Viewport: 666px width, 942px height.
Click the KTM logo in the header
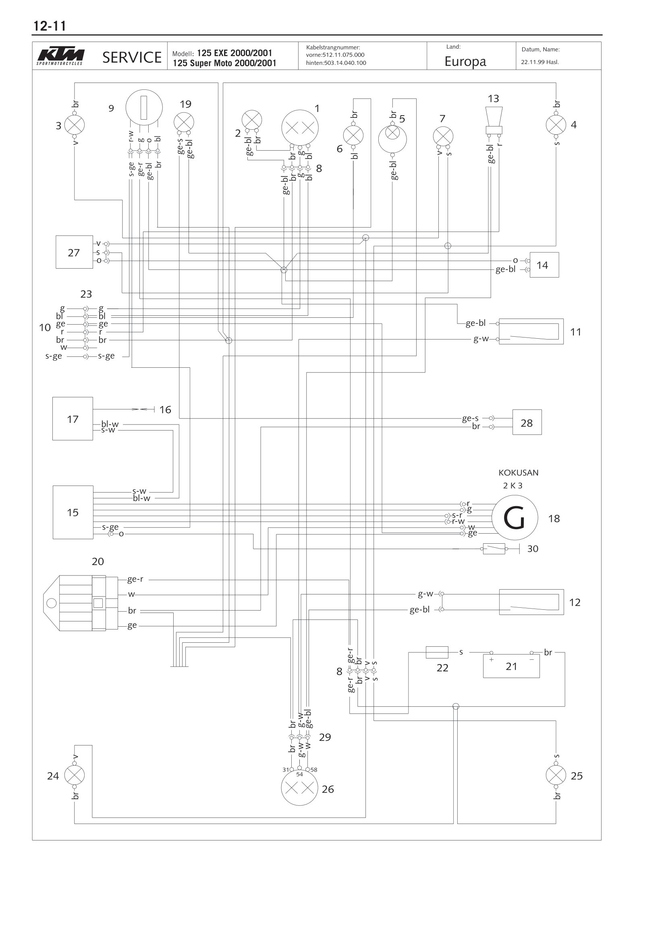pyautogui.click(x=60, y=56)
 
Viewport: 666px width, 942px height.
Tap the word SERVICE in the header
pyautogui.click(x=132, y=58)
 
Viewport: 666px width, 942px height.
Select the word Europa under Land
pyautogui.click(x=465, y=62)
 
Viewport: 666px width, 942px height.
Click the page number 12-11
pyautogui.click(x=49, y=26)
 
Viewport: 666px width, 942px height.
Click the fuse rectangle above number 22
pyautogui.click(x=437, y=652)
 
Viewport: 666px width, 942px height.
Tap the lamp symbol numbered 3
pyautogui.click(x=75, y=125)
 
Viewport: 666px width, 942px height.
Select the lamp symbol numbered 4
pyautogui.click(x=556, y=124)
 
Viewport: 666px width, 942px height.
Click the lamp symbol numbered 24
pyautogui.click(x=75, y=775)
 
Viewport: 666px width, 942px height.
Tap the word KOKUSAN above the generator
pyautogui.click(x=518, y=473)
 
